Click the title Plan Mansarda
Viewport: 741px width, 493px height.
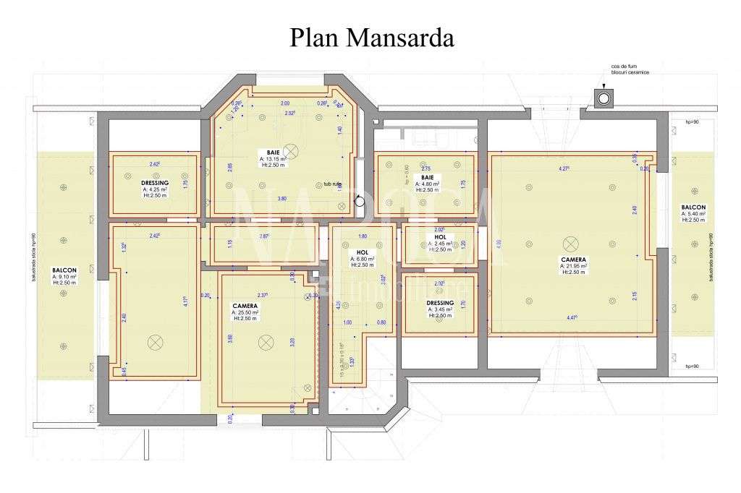(372, 38)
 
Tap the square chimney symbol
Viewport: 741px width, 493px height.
(603, 98)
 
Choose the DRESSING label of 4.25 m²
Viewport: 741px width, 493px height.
(155, 184)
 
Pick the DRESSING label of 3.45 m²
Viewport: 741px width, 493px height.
(440, 303)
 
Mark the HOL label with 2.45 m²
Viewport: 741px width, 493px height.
(441, 237)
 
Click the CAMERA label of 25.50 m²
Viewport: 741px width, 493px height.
(245, 305)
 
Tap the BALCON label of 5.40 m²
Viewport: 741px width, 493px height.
(693, 207)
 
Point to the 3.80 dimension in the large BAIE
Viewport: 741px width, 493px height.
(281, 198)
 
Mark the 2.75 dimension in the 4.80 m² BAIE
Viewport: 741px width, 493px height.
(426, 167)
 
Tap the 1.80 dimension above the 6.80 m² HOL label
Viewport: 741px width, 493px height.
(363, 236)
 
